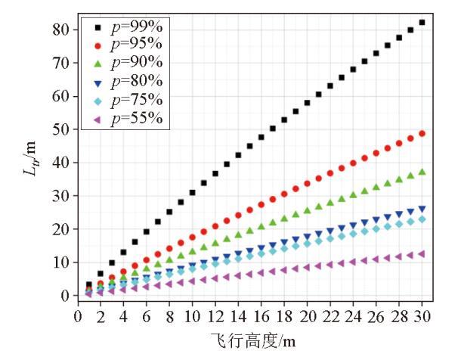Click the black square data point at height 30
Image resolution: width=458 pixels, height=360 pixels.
pyautogui.click(x=422, y=23)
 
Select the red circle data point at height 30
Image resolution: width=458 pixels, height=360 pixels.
pyautogui.click(x=422, y=134)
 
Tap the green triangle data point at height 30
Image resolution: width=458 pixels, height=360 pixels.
pyautogui.click(x=422, y=172)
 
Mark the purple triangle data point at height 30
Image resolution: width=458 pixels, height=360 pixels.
pyautogui.click(x=422, y=254)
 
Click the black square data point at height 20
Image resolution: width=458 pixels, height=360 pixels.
pyautogui.click(x=307, y=103)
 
